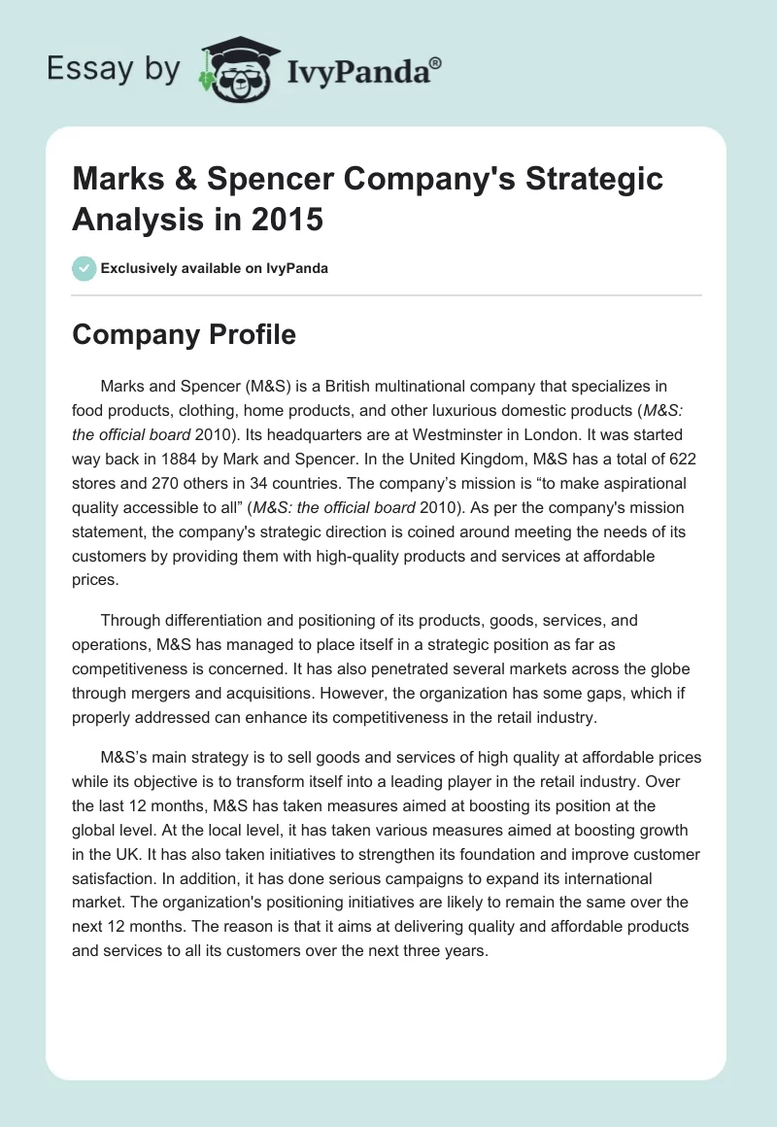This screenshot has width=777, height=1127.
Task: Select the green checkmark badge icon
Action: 84,268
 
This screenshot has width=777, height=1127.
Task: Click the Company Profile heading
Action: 185,334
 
